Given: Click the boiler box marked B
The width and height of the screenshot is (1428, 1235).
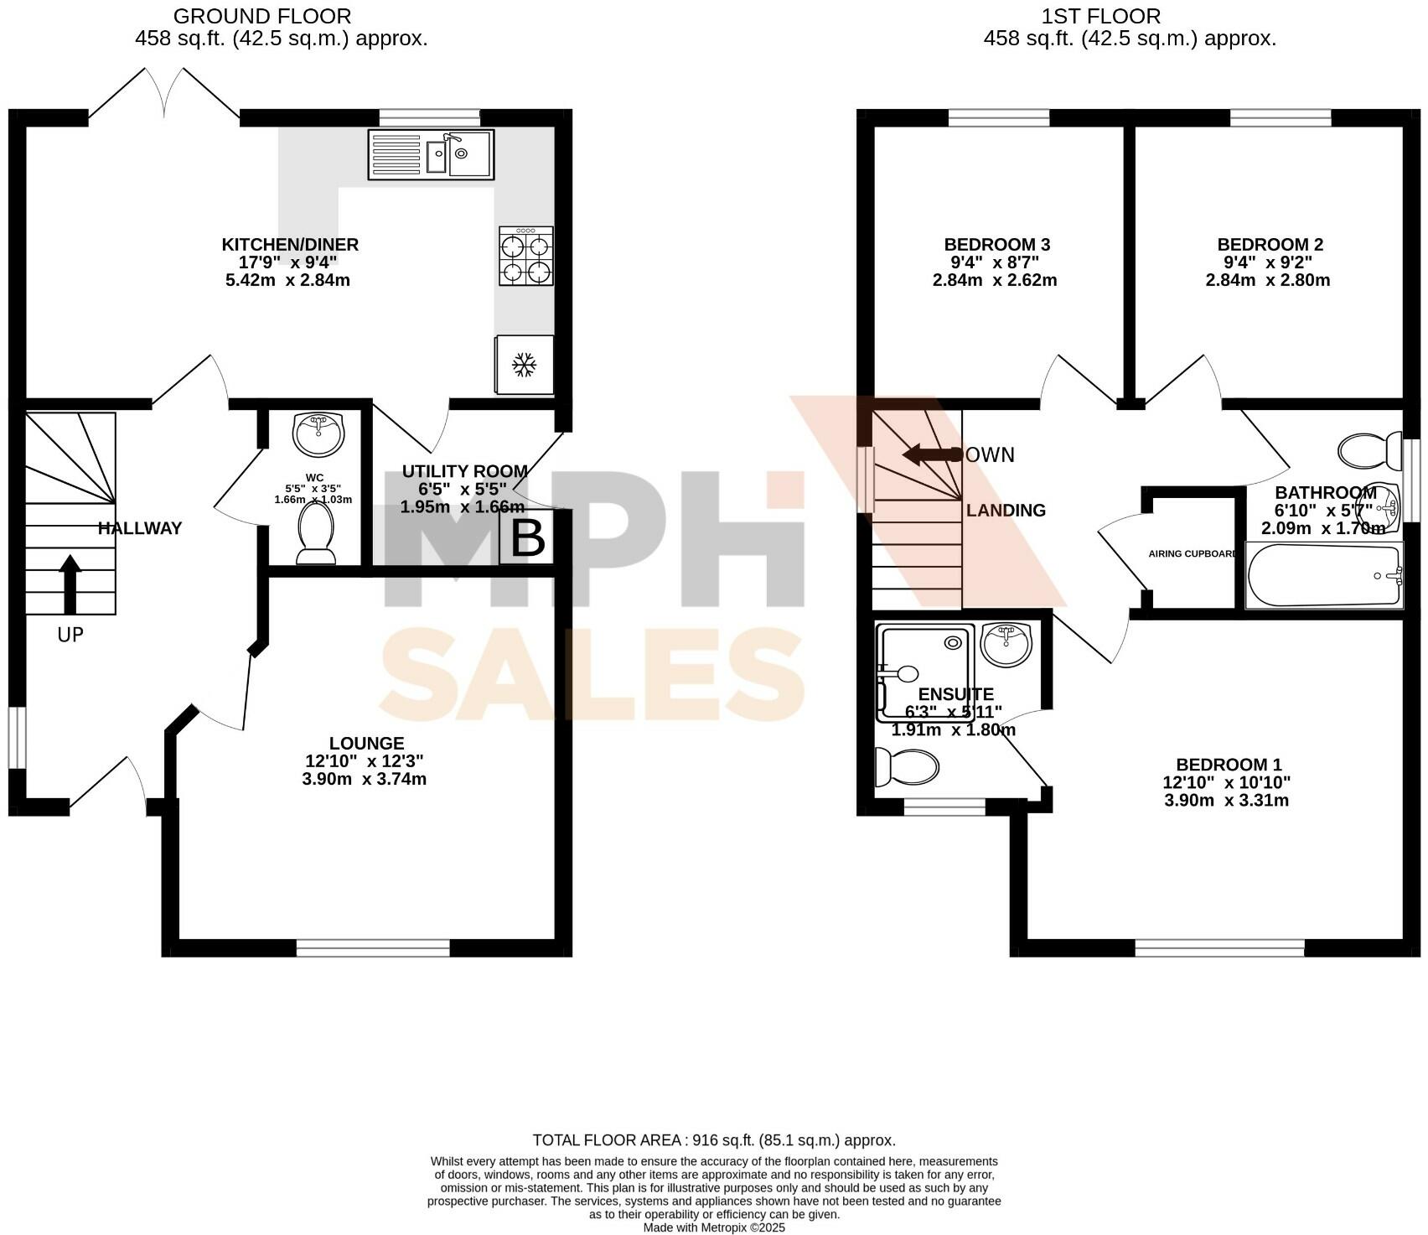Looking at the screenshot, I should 527,539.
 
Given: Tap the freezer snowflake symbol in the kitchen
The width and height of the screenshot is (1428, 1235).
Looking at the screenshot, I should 525,364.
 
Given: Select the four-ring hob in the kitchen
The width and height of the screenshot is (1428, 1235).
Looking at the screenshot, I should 525,257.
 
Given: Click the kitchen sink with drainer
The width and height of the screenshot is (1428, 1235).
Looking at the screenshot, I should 431,154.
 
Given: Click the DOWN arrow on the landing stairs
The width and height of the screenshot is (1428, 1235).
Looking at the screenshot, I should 930,455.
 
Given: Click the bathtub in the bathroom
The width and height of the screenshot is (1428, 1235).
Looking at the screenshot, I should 1323,575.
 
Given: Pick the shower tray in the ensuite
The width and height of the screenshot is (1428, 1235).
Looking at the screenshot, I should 925,672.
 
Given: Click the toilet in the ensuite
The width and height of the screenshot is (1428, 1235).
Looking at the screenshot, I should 905,766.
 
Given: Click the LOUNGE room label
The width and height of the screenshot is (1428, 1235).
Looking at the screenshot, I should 366,743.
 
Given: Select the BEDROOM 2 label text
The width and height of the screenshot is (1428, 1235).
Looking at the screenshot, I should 1270,245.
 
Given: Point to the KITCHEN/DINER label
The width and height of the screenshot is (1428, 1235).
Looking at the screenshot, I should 290,245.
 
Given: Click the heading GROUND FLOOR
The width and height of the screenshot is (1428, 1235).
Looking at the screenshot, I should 261,16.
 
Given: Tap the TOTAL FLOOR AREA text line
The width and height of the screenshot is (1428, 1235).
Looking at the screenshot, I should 713,1140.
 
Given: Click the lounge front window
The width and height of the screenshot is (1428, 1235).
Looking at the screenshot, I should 373,947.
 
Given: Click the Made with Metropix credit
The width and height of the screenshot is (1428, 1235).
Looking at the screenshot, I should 713,1227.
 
